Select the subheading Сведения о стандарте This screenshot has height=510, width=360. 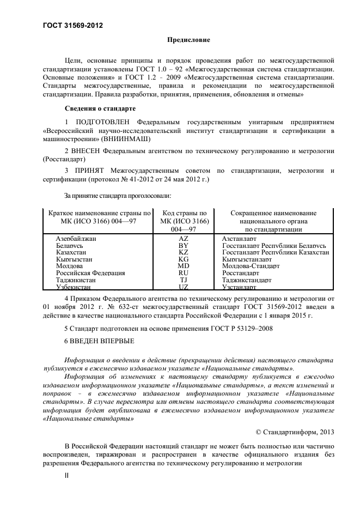[100, 108]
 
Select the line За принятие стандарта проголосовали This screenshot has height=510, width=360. [118, 195]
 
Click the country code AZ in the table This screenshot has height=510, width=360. [183, 239]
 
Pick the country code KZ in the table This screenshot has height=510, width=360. [183, 252]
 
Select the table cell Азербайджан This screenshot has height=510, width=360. [76, 239]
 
